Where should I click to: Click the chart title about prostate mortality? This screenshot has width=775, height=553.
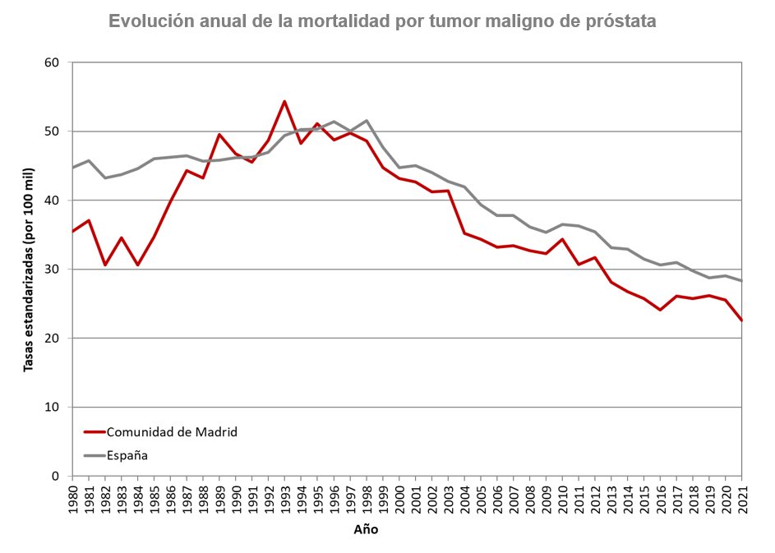[382, 22]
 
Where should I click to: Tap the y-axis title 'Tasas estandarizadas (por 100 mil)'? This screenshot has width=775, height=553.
[29, 269]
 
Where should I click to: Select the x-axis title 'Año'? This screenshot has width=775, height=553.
[366, 530]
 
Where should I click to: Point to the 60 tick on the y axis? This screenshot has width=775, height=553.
[53, 62]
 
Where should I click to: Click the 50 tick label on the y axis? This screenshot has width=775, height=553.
[53, 131]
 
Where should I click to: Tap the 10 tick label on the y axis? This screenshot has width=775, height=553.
[53, 408]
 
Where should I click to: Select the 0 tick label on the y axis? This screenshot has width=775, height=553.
[57, 477]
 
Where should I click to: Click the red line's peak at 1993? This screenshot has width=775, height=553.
[284, 101]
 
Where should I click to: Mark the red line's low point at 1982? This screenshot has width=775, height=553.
[105, 265]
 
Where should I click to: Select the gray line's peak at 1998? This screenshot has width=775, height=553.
[366, 121]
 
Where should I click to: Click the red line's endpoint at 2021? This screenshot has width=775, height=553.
[741, 320]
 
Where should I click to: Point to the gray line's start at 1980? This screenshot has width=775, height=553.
[73, 168]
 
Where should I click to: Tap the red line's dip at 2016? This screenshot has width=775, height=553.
[660, 310]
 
